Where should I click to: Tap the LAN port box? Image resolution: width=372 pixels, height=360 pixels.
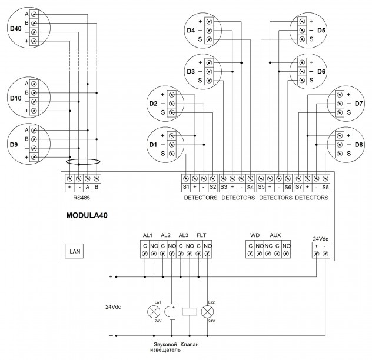point(75,251)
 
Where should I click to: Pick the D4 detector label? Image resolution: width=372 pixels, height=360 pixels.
point(190,30)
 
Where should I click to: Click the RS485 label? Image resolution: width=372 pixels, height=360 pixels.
point(83,198)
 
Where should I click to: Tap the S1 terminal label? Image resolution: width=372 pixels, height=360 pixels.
point(185,187)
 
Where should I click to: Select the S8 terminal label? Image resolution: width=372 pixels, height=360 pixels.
point(325,187)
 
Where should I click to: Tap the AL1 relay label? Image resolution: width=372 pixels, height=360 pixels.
point(148,235)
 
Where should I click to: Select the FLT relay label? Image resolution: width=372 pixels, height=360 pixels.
point(201,235)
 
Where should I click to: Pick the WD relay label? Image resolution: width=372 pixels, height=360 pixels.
point(255,235)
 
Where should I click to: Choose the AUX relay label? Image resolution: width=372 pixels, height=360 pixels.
point(275,235)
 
